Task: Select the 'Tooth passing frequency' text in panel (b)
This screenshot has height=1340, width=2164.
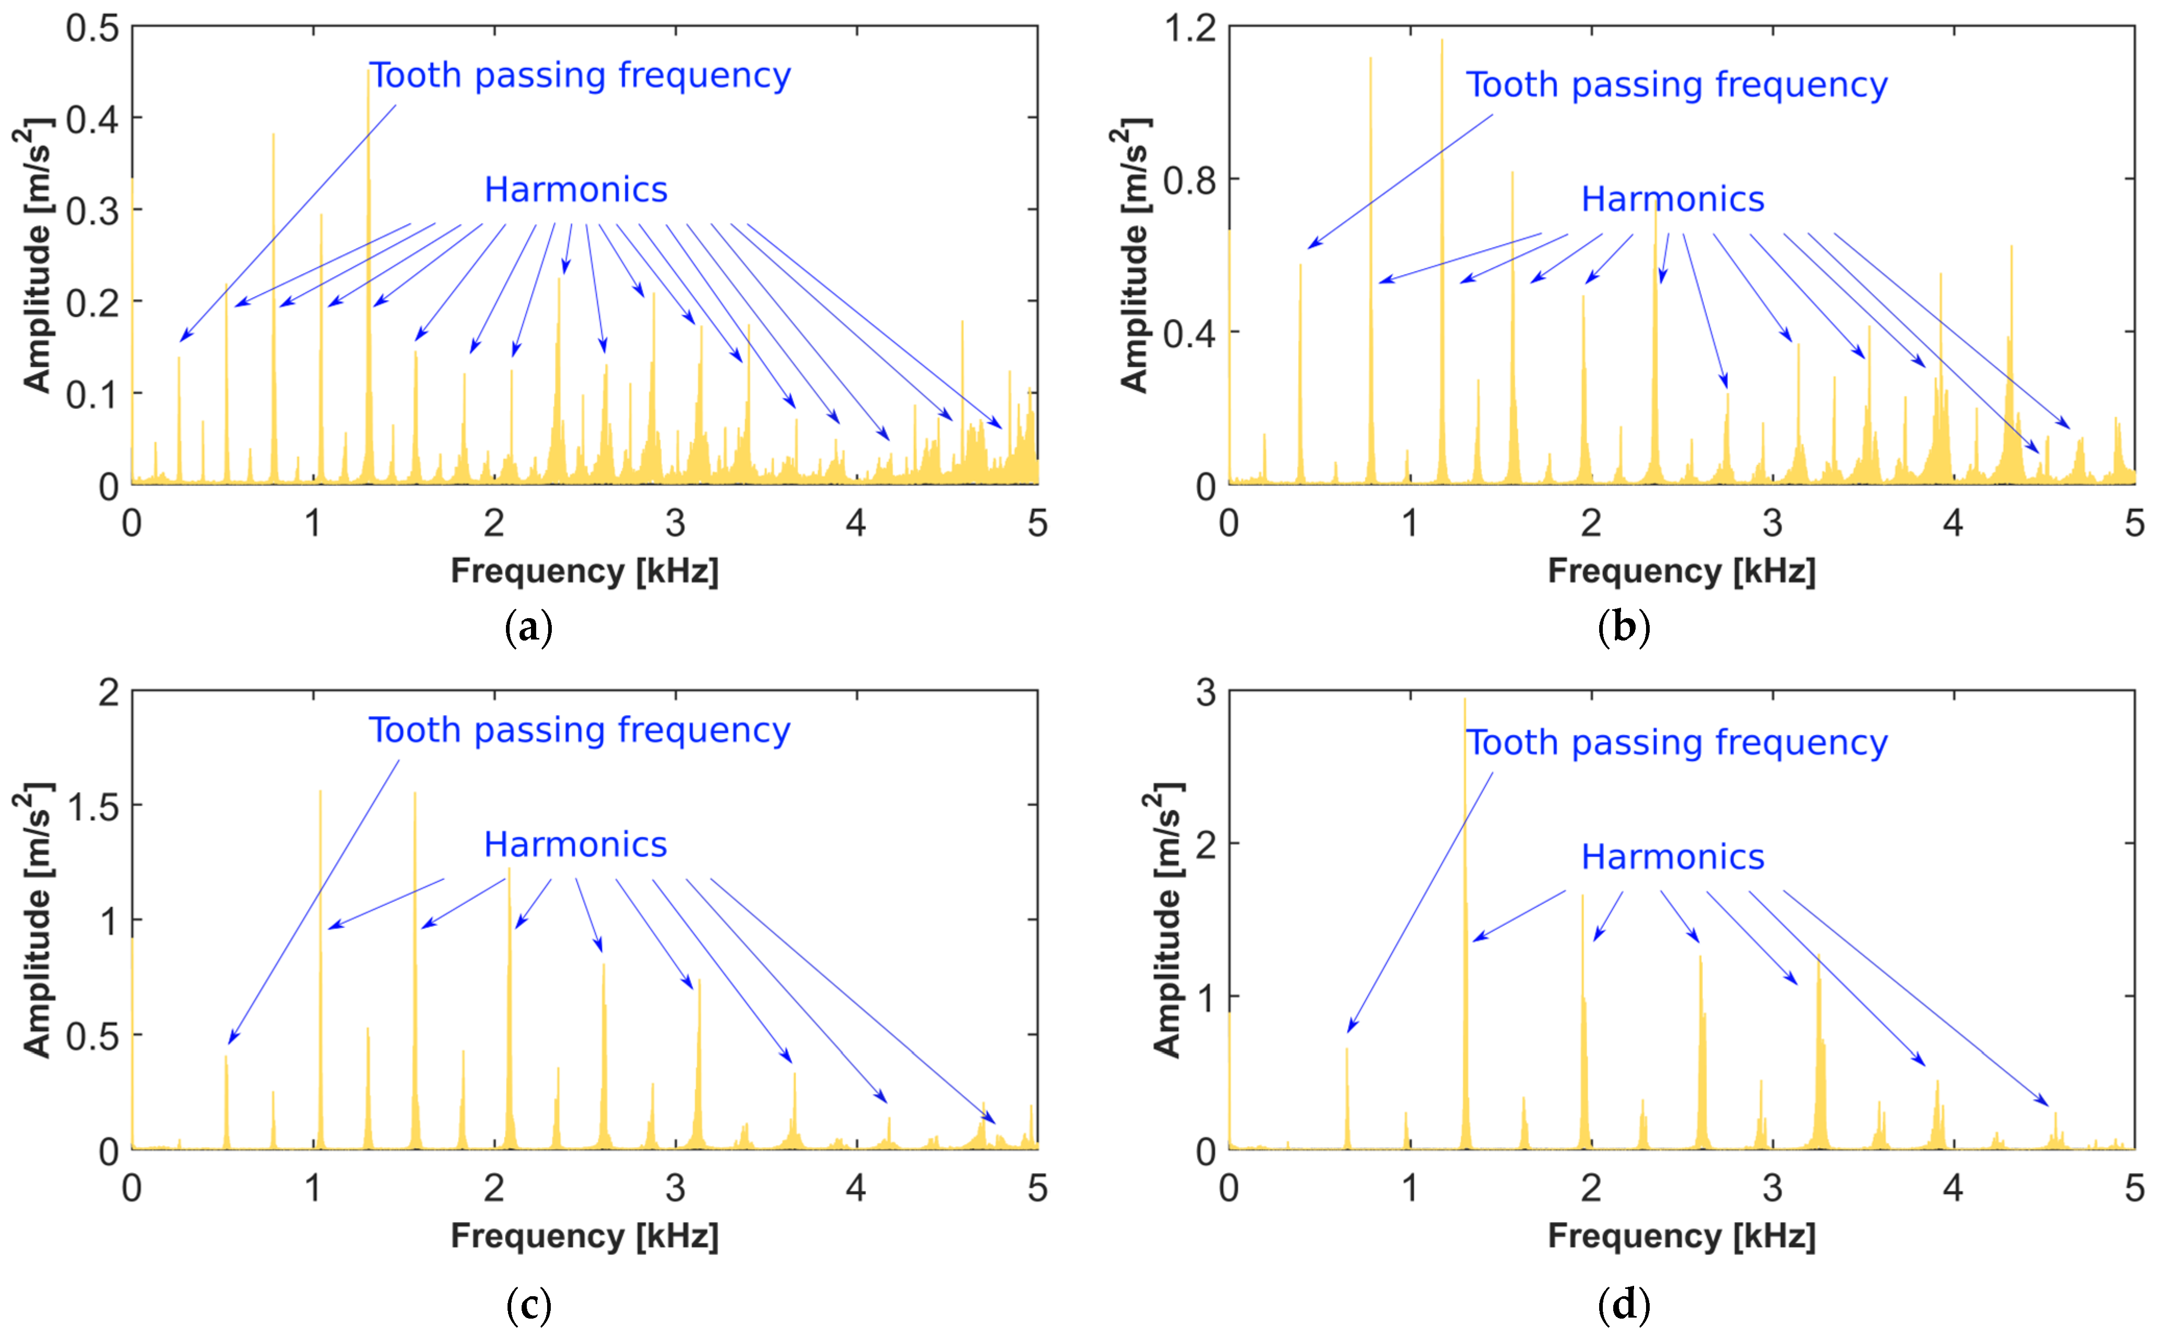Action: pos(1676,85)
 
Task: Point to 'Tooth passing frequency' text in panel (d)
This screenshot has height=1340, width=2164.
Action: pos(1676,743)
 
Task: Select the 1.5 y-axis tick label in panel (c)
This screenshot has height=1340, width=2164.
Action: pos(92,806)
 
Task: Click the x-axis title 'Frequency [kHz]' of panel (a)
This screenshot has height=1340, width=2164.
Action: pos(585,571)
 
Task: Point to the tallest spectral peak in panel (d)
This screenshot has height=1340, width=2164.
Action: pos(1464,709)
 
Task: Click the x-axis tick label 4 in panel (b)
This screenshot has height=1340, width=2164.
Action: pos(1952,524)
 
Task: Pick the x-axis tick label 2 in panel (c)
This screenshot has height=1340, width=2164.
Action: pos(493,1188)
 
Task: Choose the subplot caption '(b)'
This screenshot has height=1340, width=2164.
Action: pos(1624,628)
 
